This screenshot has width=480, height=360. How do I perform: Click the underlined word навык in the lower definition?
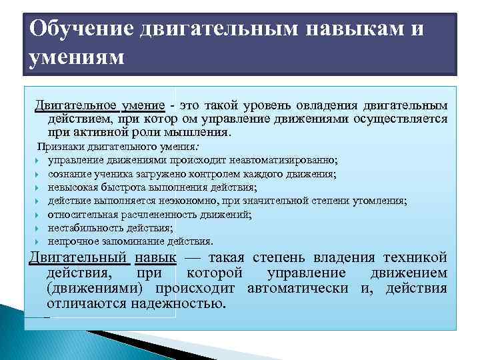(155, 257)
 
